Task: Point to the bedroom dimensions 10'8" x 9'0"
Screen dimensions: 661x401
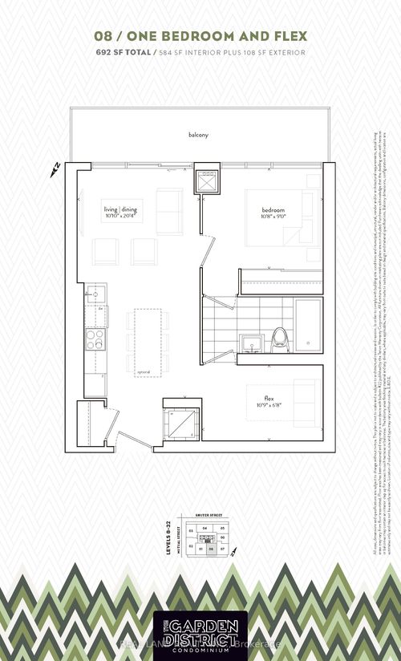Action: point(273,216)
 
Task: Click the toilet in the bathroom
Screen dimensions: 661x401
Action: point(281,338)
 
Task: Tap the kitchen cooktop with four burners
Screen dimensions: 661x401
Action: point(95,339)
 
